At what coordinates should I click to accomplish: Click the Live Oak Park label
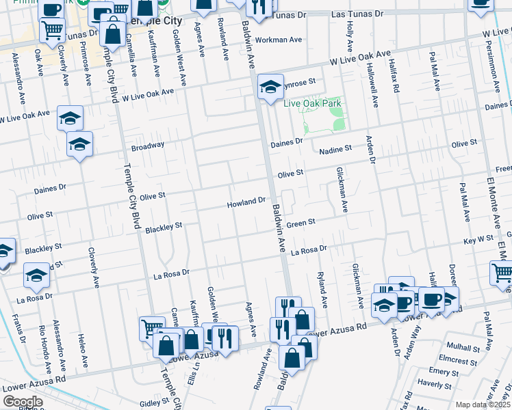click(312, 103)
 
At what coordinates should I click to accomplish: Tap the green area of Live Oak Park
click(325, 122)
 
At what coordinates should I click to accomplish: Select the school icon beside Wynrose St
click(271, 86)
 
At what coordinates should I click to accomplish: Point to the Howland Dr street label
click(246, 202)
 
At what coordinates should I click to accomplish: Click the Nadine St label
click(336, 148)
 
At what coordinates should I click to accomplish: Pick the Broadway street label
click(148, 146)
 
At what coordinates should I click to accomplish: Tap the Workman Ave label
click(279, 40)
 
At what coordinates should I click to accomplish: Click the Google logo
click(22, 402)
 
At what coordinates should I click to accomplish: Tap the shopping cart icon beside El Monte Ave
click(502, 273)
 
